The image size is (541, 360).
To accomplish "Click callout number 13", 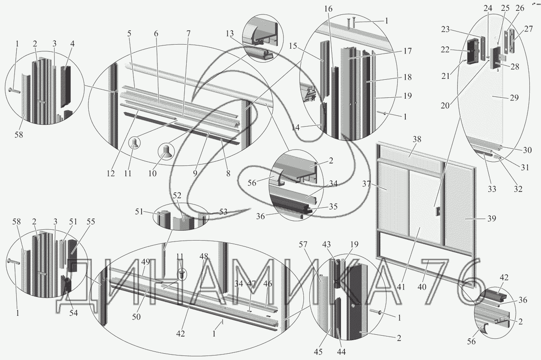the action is [230, 34].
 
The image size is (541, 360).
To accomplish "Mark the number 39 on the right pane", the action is [491, 219].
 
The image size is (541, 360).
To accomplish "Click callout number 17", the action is [408, 51].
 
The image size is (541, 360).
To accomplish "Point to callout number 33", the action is [492, 189].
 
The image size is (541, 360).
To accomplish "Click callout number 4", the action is [72, 44].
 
